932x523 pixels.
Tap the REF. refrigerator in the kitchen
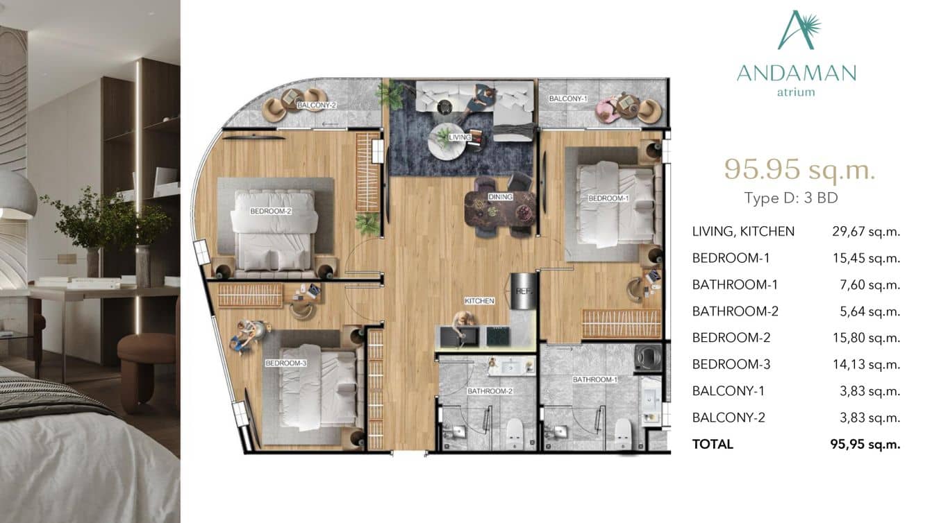[522, 292]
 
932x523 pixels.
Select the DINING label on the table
[500, 197]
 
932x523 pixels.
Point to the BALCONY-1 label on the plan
[568, 99]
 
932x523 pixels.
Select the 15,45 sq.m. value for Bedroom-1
[865, 258]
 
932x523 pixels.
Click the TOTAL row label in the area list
[713, 444]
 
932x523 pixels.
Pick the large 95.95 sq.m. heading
[799, 169]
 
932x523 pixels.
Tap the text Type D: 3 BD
[791, 198]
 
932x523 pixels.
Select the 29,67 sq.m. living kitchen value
[865, 232]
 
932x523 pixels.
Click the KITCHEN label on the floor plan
[479, 301]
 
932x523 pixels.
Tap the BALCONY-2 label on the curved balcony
[317, 105]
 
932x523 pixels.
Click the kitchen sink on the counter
[460, 337]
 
